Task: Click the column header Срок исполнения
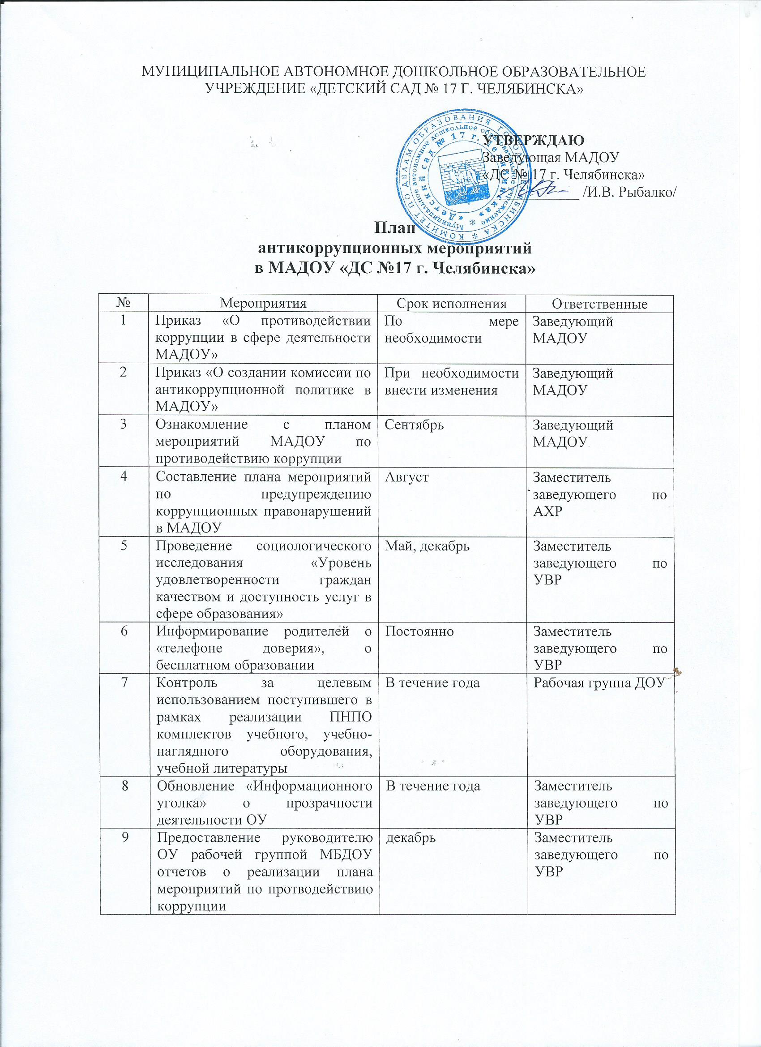[452, 303]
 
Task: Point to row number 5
[124, 546]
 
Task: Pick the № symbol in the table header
[124, 303]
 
